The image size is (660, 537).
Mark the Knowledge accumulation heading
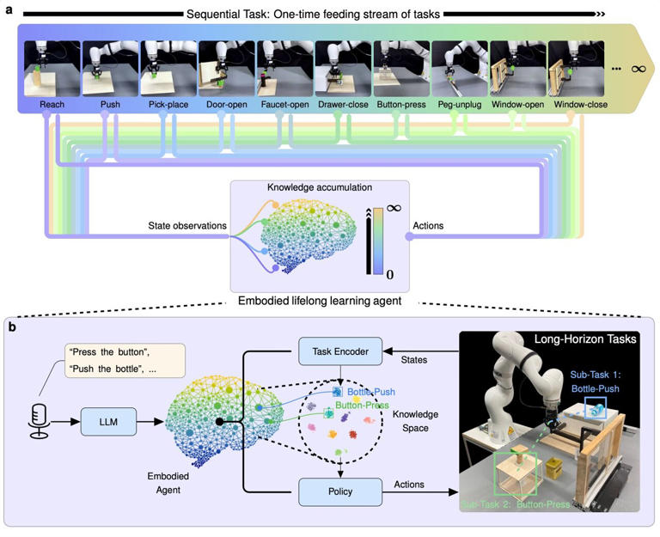coord(318,186)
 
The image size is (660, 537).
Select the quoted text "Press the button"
coord(101,353)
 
